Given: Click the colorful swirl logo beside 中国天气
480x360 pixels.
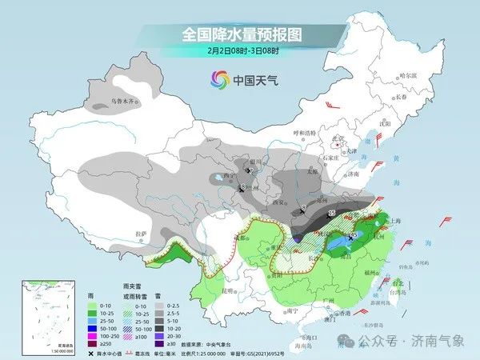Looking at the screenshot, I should click(218, 79).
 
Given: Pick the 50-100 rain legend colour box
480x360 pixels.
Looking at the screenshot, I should click(90, 327).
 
